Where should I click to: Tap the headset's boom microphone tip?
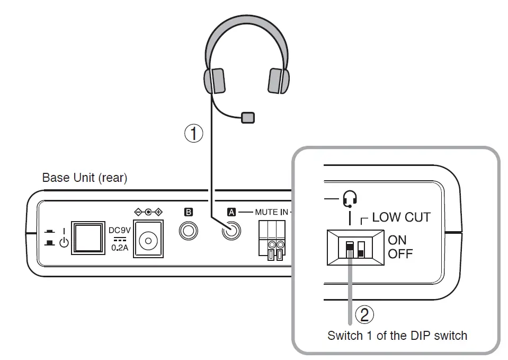[x=247, y=117]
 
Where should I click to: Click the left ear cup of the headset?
[x=215, y=80]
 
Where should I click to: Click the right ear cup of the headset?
[x=278, y=80]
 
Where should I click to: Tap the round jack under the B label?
[x=188, y=232]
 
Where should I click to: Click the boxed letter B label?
[x=188, y=212]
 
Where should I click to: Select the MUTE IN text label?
[x=272, y=212]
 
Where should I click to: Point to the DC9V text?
[x=119, y=231]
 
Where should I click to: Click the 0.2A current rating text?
[x=120, y=247]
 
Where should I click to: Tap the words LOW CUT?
[x=401, y=217]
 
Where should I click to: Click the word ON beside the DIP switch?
[x=397, y=240]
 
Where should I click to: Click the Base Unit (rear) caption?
[x=85, y=178]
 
